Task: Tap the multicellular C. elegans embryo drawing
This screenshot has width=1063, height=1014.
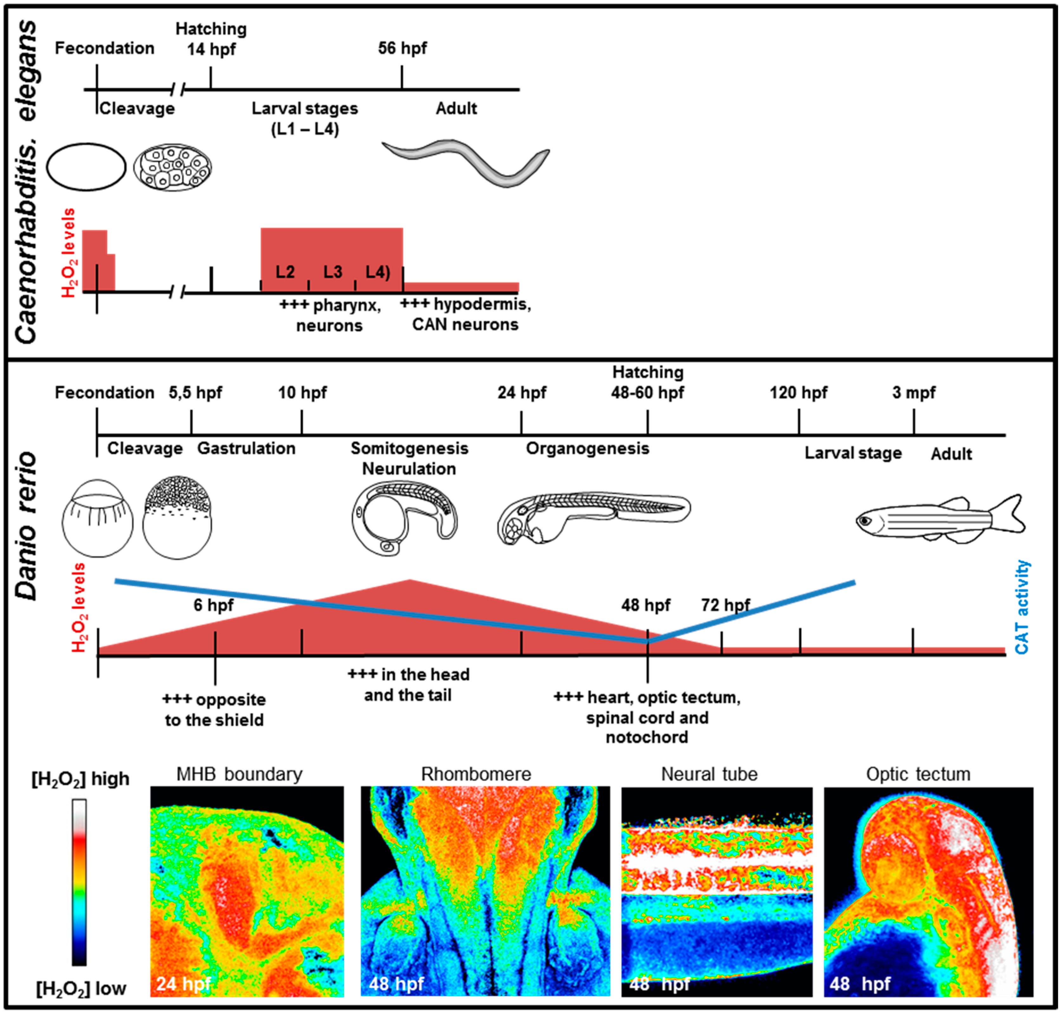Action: pos(172,167)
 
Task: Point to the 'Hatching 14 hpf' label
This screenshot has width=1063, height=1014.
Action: pos(211,39)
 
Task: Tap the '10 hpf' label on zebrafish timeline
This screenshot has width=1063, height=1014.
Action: pos(302,392)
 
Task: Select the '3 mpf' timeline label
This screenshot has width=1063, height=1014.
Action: pos(913,392)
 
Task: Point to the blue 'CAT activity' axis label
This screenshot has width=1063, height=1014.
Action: pos(1021,606)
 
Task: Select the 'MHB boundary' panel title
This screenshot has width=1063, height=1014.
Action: pos(240,774)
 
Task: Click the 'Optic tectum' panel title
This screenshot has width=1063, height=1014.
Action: pos(918,774)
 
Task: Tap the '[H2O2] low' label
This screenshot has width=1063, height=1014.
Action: pos(81,989)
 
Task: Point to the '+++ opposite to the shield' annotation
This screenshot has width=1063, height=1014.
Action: pos(214,710)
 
